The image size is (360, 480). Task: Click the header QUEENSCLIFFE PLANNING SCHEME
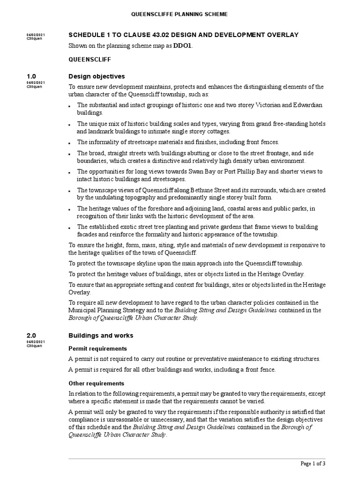(180, 15)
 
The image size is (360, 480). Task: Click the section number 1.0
(31, 76)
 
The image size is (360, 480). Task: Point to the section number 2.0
(31, 336)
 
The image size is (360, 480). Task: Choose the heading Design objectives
(97, 76)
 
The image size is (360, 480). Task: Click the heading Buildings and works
(101, 336)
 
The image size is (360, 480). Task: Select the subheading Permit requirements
(97, 349)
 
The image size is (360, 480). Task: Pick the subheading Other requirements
(96, 383)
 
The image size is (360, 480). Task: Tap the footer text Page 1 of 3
(313, 464)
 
